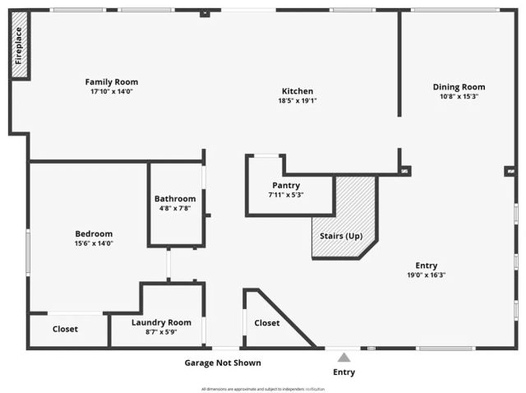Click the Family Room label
[x=112, y=81]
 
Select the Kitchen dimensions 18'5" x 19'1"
[x=297, y=101]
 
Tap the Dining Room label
[x=459, y=86]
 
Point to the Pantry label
[x=286, y=185]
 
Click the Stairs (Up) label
[x=341, y=236]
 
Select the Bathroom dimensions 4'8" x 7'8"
[x=175, y=208]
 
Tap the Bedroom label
[x=94, y=233]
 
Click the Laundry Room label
[x=168, y=322]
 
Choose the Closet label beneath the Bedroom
[x=65, y=329]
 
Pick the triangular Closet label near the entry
[x=266, y=323]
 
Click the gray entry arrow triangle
[x=344, y=357]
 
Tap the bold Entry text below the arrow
[x=344, y=372]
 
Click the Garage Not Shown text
[x=222, y=363]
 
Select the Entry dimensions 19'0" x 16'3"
[x=426, y=275]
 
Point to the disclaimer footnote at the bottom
[x=263, y=388]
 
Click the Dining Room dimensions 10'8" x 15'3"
[x=459, y=96]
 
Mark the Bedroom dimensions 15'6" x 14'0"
[x=94, y=243]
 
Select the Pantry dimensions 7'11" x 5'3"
[x=286, y=195]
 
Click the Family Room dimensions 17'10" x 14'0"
[x=112, y=91]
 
